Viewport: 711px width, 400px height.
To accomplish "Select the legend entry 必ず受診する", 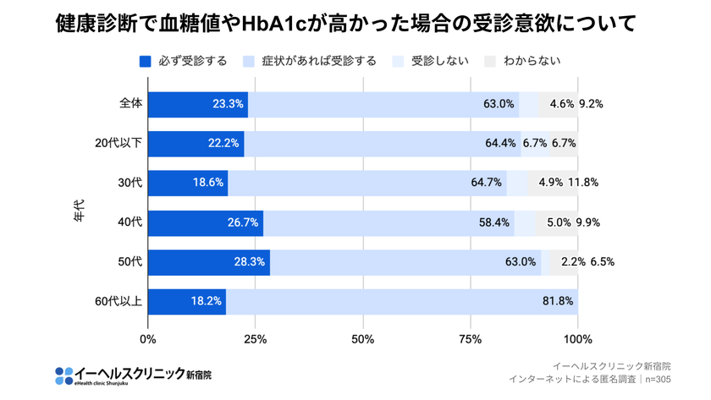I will point(184,61).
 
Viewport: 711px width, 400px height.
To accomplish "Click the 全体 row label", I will point(131,104).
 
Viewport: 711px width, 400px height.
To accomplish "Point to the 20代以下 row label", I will point(119,144).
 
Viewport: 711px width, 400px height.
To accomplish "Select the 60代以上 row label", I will point(119,301).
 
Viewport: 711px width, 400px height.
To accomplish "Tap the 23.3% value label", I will point(229,105).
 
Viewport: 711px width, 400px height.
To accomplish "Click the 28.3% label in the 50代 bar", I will point(251,262).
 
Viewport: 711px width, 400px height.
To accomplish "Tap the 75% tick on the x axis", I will point(471,340).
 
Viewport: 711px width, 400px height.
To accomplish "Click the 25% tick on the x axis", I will point(256,340).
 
